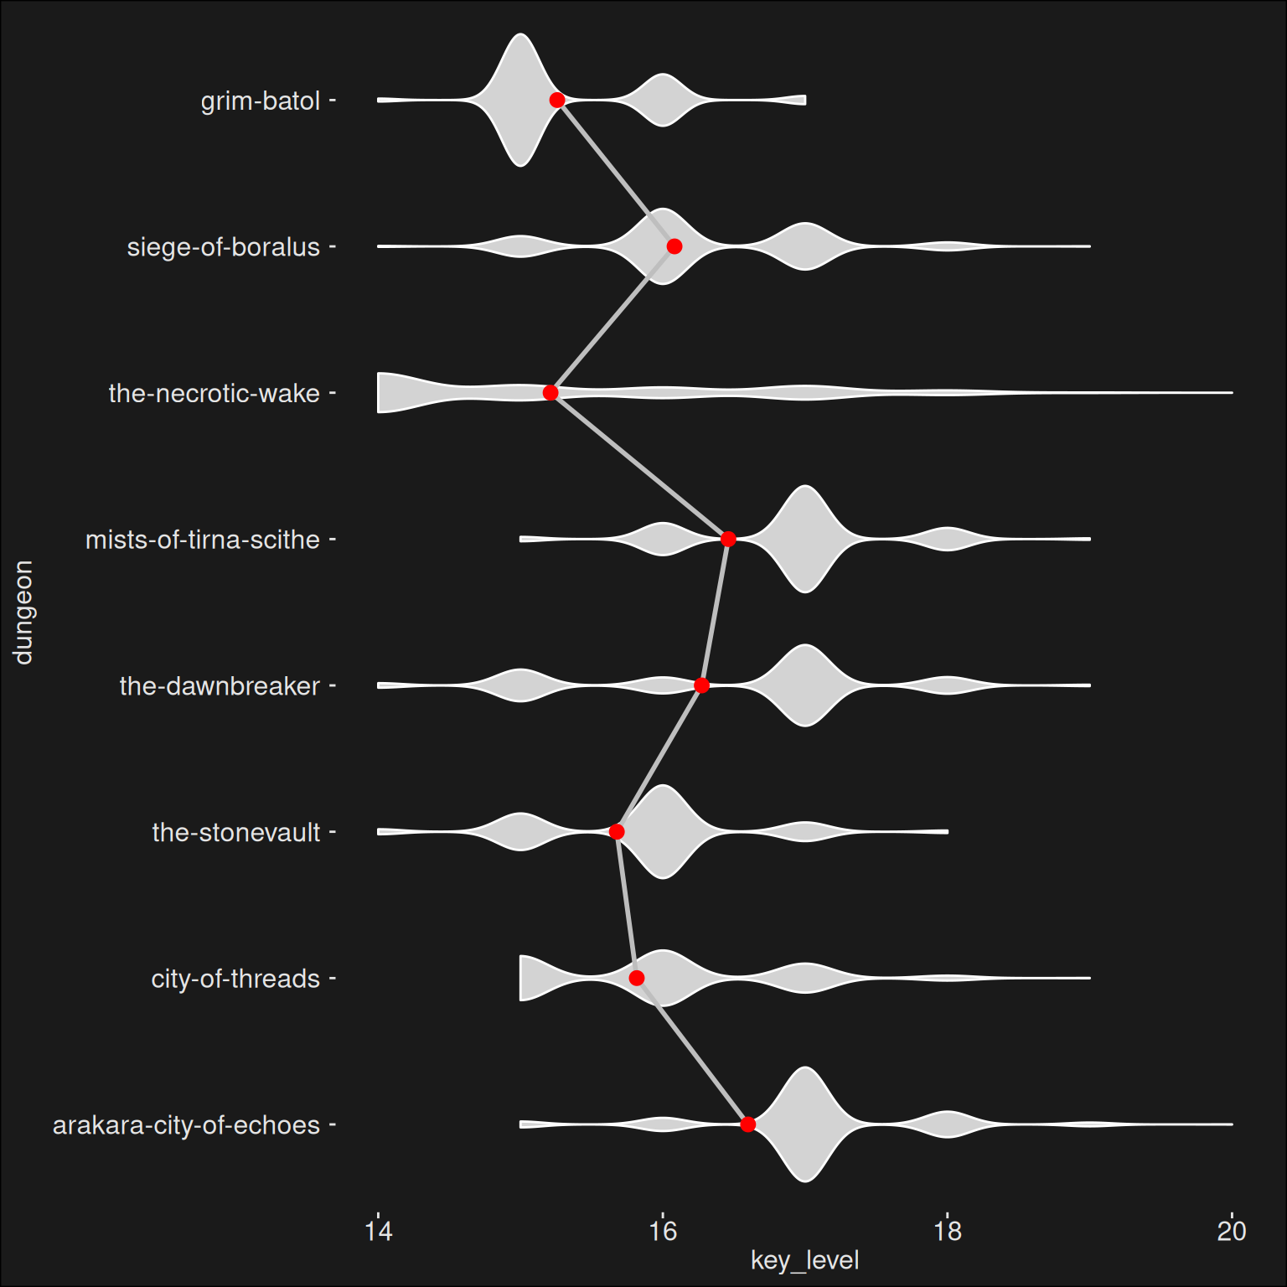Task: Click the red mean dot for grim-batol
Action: (557, 101)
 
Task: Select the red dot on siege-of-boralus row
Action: (675, 246)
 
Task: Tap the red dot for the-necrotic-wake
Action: (550, 393)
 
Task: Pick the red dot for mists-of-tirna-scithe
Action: (728, 539)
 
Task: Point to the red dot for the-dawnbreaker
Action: (702, 685)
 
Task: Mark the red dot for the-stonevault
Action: (617, 832)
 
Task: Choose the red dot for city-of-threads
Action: (637, 978)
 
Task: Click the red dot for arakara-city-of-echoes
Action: (748, 1124)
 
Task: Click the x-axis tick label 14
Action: (379, 1231)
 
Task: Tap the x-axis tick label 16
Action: (663, 1231)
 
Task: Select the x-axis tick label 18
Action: (948, 1231)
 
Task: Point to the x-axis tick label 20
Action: (1232, 1231)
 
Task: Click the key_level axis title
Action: (805, 1261)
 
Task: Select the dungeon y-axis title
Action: (23, 612)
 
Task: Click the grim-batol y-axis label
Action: (261, 101)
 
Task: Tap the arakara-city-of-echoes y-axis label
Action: (186, 1125)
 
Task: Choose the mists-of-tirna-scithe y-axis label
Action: (203, 540)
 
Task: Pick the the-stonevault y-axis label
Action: (236, 833)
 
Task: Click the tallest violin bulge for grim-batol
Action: (521, 101)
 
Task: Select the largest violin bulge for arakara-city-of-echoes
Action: (805, 1124)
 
